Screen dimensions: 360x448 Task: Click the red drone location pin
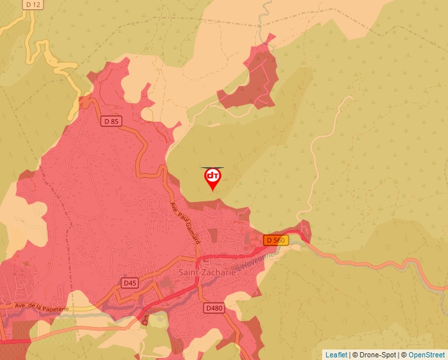[213, 178]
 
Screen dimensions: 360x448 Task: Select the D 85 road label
[112, 121]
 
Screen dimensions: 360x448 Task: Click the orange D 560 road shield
[275, 240]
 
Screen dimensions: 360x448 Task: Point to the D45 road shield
[130, 282]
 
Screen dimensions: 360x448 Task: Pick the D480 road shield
[213, 307]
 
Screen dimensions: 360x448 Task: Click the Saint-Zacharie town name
[206, 272]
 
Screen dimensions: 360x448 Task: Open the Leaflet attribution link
[336, 355]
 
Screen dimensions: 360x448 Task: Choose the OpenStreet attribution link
[427, 355]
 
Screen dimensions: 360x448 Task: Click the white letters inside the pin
[213, 176]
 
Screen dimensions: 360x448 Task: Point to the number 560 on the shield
[279, 240]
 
